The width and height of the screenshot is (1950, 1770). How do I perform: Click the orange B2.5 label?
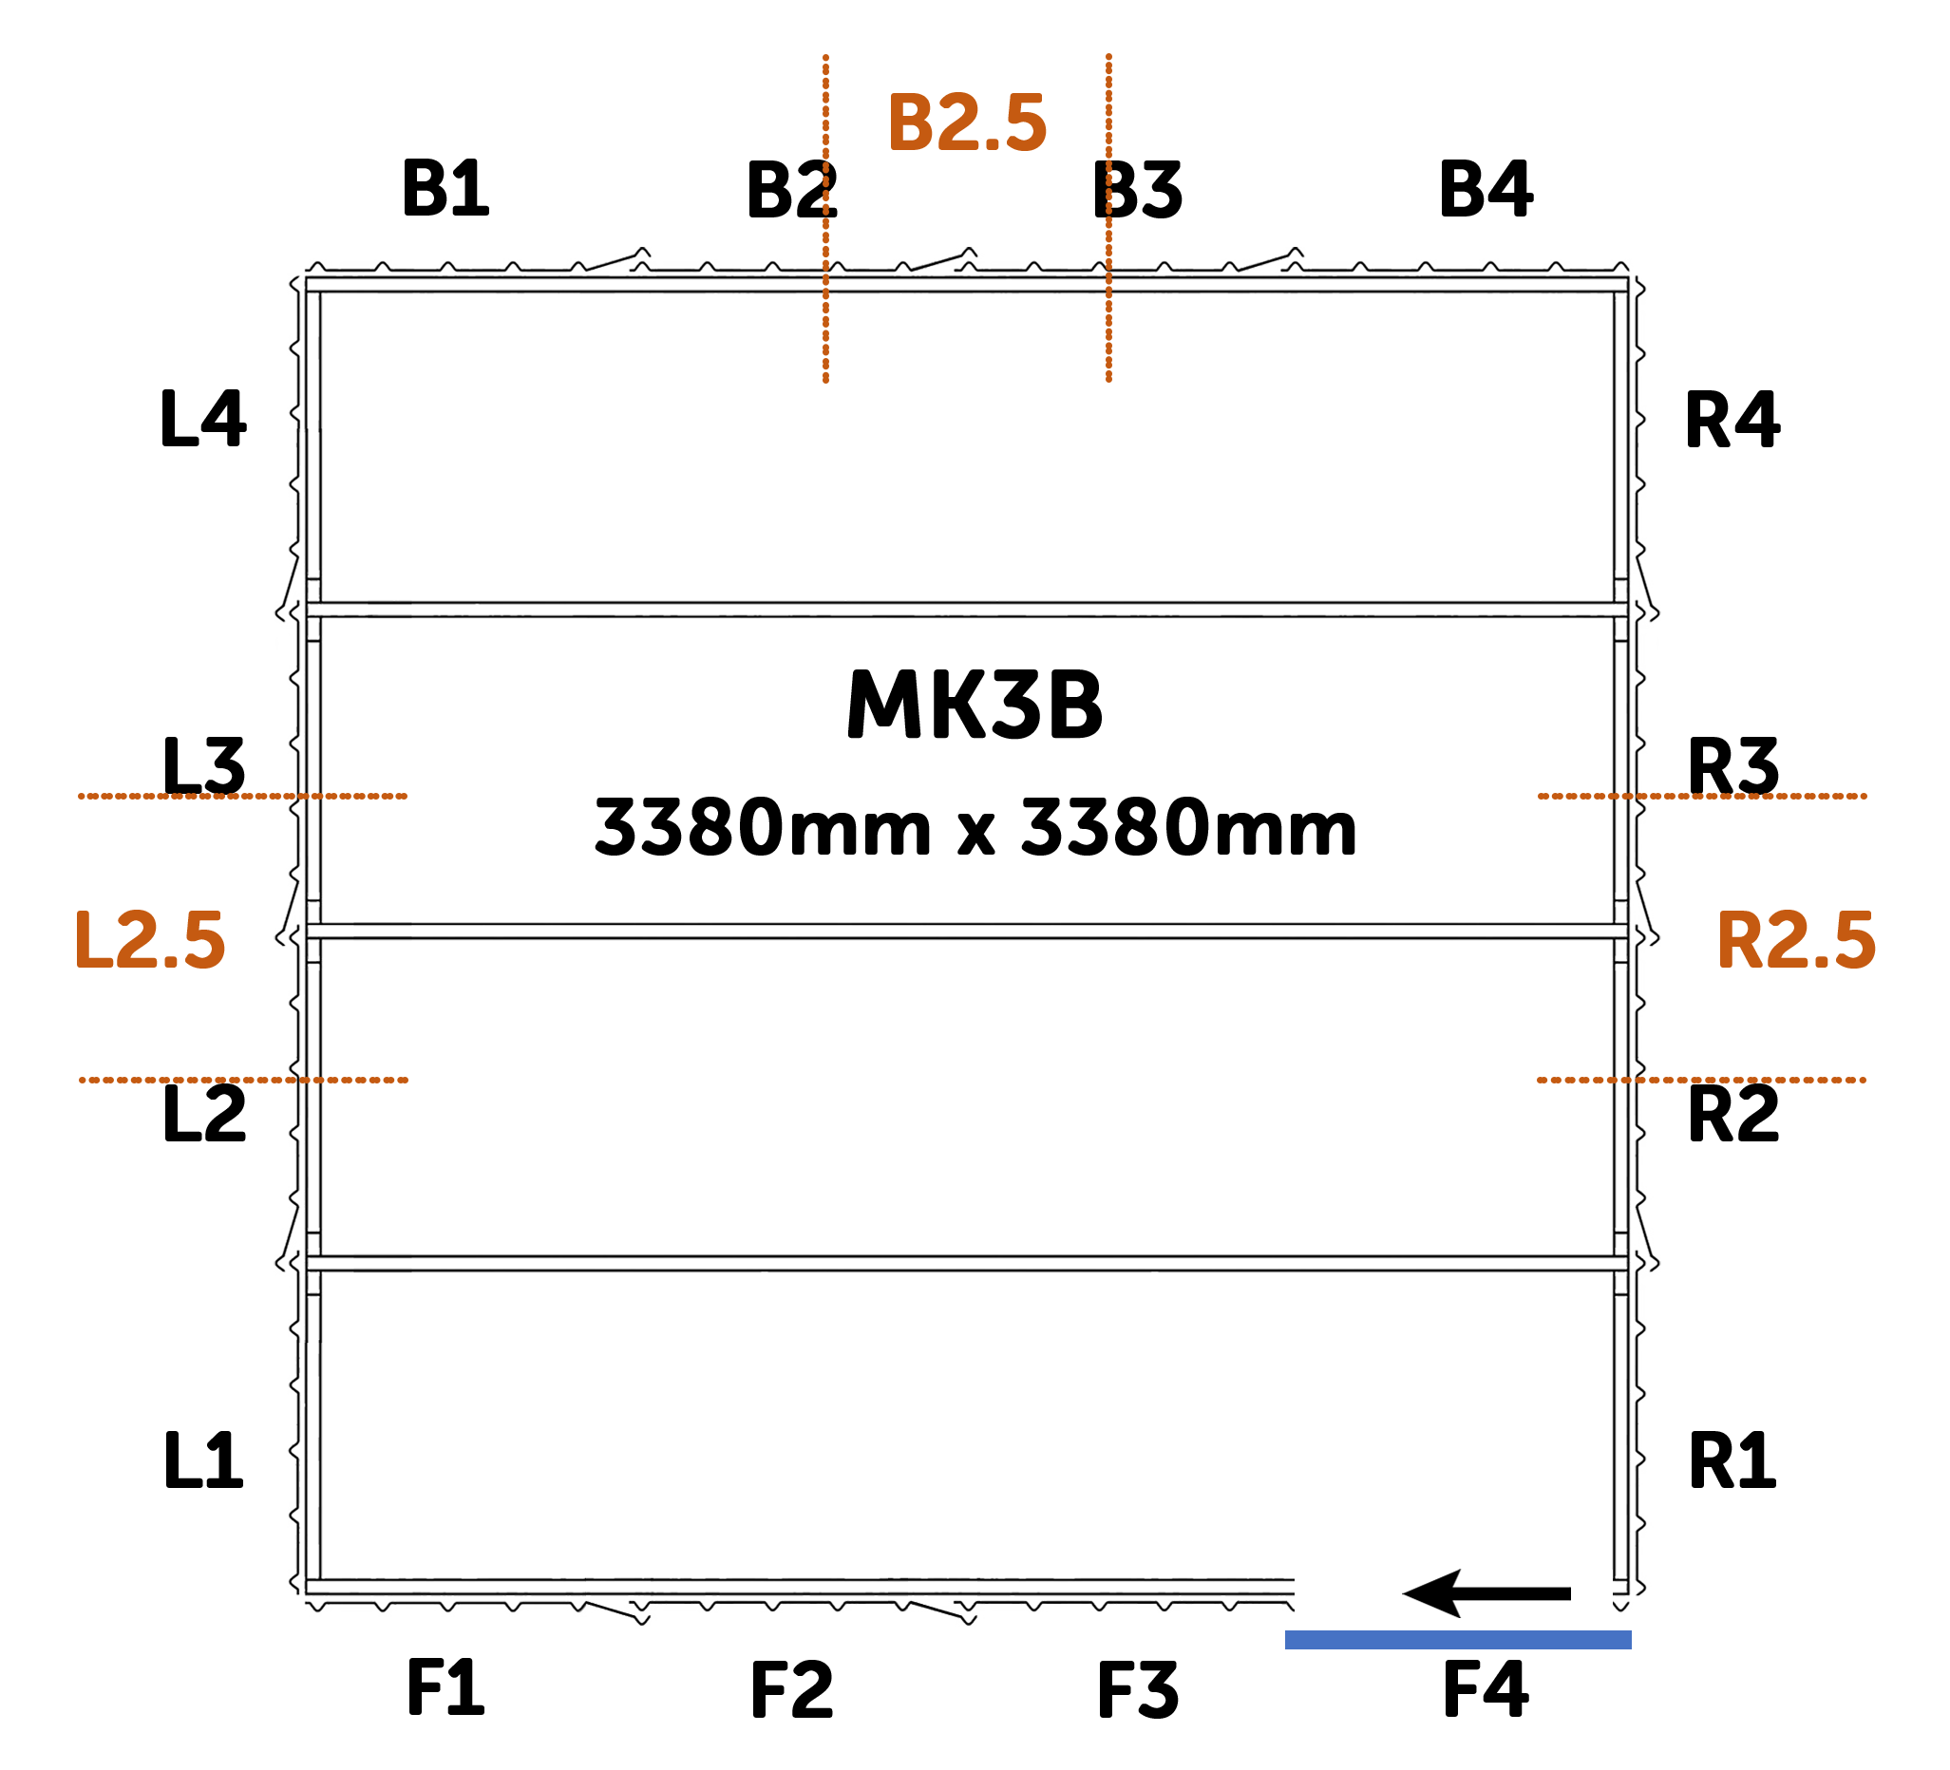point(966,122)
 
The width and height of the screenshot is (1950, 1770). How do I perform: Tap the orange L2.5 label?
point(150,940)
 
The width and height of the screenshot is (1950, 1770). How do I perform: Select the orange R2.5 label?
point(1795,940)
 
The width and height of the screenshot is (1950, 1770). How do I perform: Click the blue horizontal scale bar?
point(1458,1639)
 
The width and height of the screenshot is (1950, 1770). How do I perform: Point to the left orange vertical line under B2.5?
point(825,217)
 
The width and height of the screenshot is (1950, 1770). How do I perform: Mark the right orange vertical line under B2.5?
point(1108,217)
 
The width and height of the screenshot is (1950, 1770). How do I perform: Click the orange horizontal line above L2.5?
point(242,796)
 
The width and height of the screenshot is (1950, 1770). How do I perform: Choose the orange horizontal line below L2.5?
point(242,1080)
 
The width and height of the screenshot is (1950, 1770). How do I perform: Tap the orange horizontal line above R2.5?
point(1702,796)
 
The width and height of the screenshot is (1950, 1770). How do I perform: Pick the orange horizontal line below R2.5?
point(1702,1080)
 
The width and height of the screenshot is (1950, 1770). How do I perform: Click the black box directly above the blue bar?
point(1485,1593)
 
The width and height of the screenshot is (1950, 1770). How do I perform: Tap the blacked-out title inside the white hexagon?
point(974,706)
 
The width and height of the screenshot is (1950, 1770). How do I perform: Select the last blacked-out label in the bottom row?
point(1486,1688)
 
